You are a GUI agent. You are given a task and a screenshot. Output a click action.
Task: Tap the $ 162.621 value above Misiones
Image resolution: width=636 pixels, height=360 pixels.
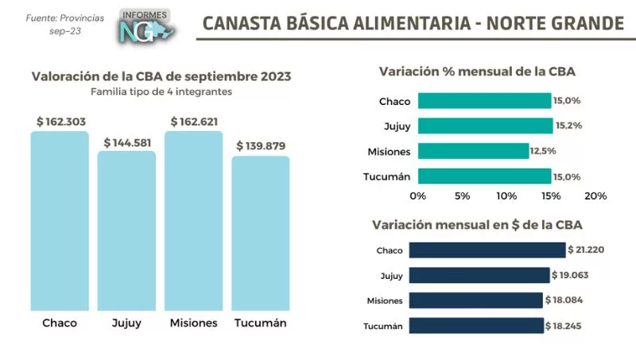tap(194, 122)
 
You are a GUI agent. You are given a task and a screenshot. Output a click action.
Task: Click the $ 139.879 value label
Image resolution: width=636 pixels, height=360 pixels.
tap(261, 146)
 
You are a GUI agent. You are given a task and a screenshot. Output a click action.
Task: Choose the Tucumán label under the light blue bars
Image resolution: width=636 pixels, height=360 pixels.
tap(261, 323)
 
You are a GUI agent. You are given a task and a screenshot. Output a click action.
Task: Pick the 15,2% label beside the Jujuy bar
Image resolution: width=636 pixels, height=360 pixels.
tap(568, 126)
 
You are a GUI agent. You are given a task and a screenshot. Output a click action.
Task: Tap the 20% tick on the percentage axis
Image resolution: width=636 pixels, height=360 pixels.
tap(595, 195)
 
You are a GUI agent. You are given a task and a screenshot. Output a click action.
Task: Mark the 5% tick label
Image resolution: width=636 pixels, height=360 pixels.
tap(462, 195)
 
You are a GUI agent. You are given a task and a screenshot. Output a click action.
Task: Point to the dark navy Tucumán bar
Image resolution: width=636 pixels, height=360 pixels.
tap(475, 326)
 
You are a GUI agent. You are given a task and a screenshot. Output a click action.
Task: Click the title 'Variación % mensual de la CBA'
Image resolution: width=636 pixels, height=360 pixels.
tap(477, 72)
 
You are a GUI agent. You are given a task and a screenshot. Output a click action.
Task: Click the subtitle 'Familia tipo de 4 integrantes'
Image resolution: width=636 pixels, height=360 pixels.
tap(161, 91)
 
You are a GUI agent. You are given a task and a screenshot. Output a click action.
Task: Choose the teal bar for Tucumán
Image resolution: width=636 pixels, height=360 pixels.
tap(483, 176)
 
